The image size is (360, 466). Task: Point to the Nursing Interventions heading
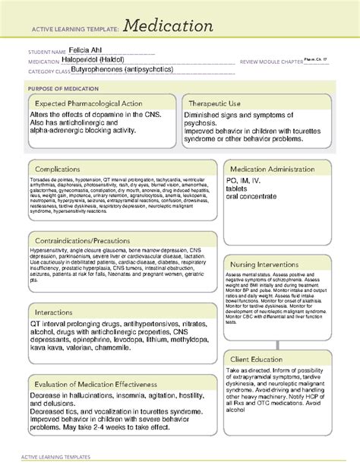coord(272,262)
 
